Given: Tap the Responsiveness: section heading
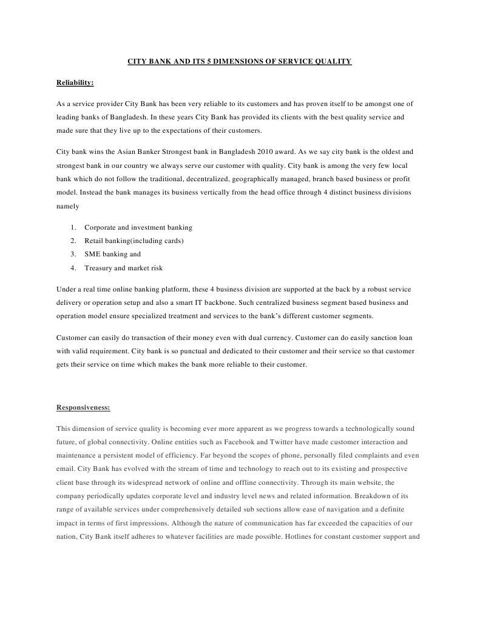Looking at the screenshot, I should pos(83,408).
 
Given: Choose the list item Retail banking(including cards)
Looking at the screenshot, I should pos(134,241).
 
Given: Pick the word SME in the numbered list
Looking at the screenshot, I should pos(92,254).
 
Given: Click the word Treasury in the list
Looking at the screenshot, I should pos(98,268).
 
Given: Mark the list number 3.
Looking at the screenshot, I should pos(72,254).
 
